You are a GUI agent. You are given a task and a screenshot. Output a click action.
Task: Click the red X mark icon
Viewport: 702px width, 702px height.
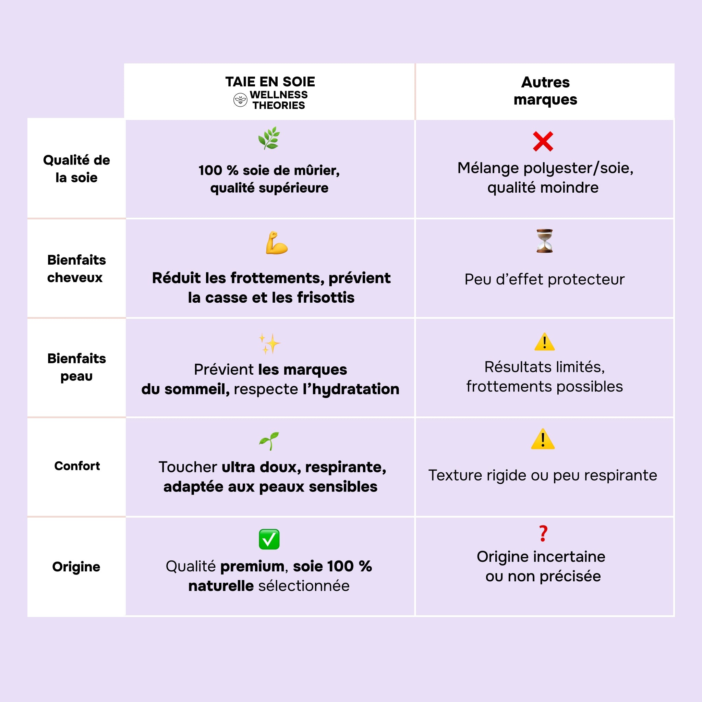(x=543, y=141)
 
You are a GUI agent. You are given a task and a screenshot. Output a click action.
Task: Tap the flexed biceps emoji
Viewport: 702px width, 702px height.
(x=276, y=243)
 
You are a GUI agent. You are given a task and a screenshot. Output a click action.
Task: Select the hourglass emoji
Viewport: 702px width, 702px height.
(x=544, y=241)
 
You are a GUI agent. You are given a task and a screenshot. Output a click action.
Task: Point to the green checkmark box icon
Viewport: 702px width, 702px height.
(x=269, y=539)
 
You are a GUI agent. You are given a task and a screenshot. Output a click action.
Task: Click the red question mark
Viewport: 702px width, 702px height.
(x=543, y=533)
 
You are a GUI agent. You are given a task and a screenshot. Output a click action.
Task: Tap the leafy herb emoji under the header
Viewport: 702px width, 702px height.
(x=269, y=138)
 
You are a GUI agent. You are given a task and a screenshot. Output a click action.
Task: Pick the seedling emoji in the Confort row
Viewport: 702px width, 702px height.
(x=269, y=441)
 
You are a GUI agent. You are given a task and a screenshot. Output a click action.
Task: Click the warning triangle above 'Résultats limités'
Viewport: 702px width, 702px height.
(x=544, y=342)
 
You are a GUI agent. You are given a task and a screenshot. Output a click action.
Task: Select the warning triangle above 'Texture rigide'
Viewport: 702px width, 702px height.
(x=543, y=439)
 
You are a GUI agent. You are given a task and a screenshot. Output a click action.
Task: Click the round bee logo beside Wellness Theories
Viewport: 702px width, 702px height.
(x=240, y=100)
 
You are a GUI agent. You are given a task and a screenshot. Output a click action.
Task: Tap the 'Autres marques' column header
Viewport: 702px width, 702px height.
(x=545, y=91)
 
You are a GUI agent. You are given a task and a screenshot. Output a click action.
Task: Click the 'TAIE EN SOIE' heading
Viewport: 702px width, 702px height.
(x=270, y=82)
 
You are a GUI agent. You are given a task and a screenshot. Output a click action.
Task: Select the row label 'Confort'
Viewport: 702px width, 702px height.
(x=77, y=466)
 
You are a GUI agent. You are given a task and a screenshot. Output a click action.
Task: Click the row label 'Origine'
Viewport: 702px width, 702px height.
(x=76, y=567)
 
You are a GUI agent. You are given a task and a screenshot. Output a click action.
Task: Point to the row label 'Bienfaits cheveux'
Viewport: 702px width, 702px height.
(x=76, y=268)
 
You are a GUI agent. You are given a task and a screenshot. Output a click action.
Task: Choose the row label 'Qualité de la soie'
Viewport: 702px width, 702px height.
(x=76, y=169)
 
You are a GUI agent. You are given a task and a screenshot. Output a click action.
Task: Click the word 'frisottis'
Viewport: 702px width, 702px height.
(x=326, y=298)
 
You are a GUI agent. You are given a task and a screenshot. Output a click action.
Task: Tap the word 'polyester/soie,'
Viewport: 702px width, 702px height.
(x=578, y=168)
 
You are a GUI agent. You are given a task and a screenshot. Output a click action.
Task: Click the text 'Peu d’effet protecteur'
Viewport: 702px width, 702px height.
(x=544, y=279)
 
